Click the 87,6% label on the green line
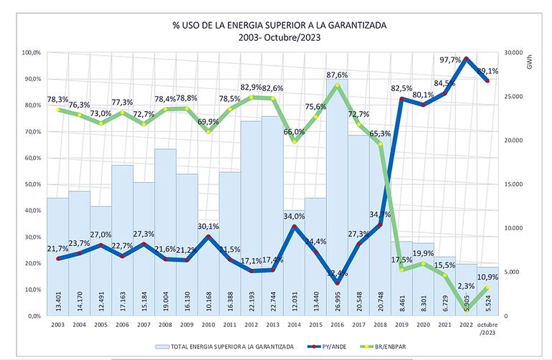point(337,75)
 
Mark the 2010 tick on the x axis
point(209,324)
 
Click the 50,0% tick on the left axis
point(30,184)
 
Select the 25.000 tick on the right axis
point(515,97)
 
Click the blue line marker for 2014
point(295,227)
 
